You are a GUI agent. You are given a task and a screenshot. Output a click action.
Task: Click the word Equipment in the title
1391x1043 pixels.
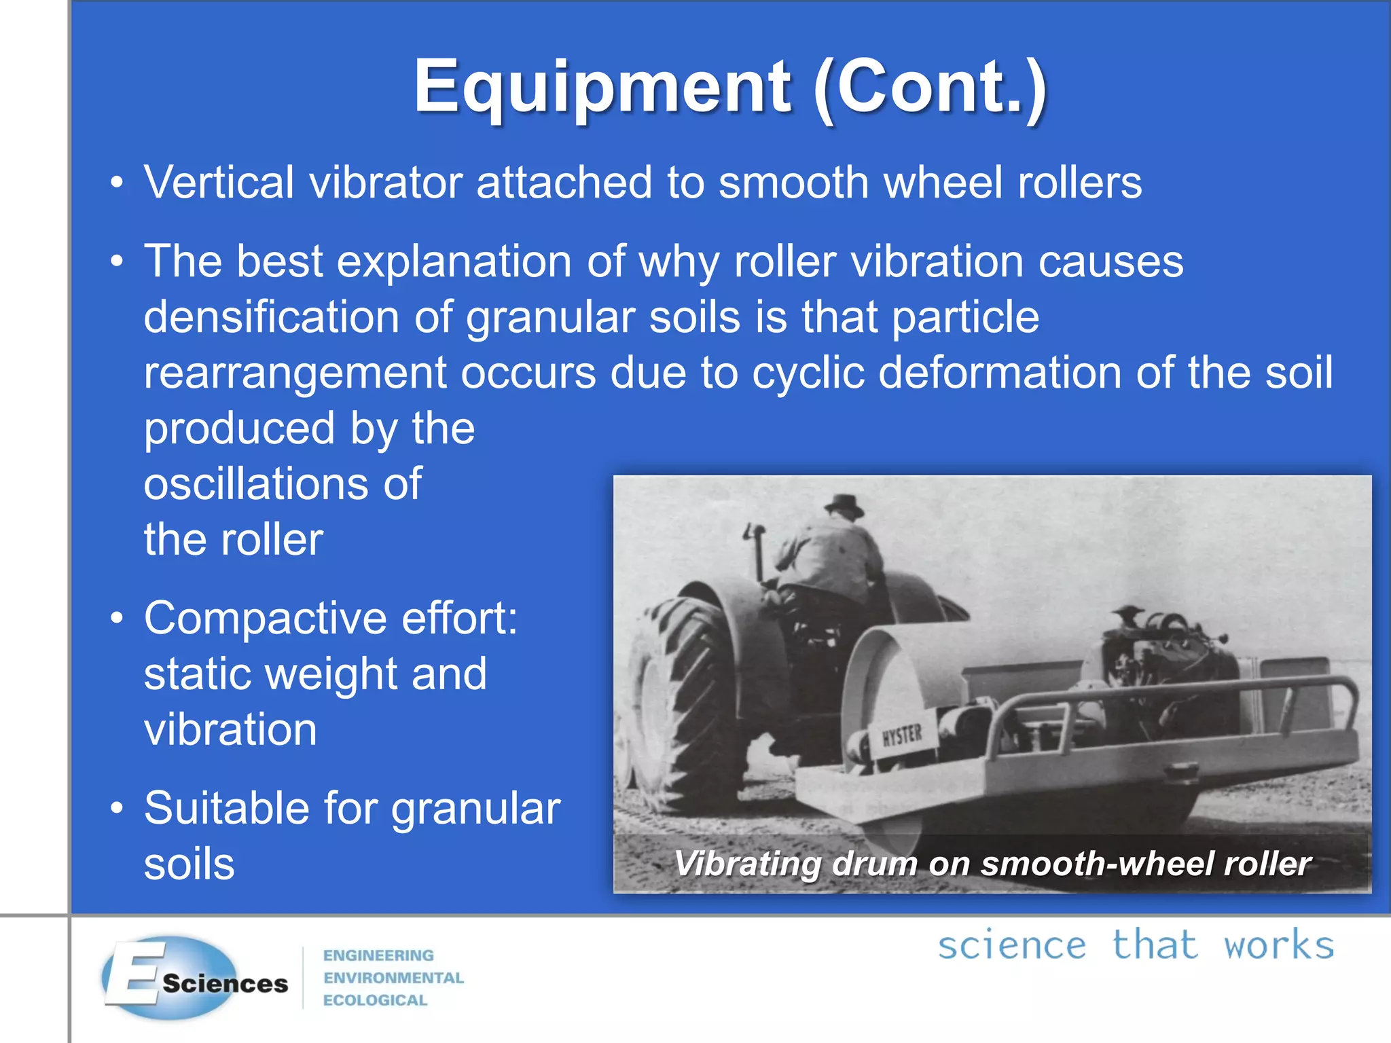click(x=602, y=87)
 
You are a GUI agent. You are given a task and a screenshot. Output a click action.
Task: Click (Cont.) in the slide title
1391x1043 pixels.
click(x=931, y=87)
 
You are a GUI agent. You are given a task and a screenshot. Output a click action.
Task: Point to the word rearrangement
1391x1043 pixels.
click(x=295, y=373)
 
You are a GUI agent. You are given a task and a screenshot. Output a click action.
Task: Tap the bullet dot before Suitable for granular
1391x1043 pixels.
click(x=117, y=808)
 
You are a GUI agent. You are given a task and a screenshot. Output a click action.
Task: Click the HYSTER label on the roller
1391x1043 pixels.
click(x=902, y=735)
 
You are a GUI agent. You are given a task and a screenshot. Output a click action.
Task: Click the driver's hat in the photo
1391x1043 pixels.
click(x=844, y=507)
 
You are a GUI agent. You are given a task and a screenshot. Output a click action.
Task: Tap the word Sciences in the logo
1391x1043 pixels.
click(x=225, y=983)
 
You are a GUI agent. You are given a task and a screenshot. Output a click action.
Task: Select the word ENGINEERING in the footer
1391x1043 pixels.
click(x=378, y=955)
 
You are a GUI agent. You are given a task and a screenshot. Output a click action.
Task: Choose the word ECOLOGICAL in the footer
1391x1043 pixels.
click(x=375, y=1000)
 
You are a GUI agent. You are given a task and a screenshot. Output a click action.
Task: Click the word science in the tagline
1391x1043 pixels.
click(x=1012, y=946)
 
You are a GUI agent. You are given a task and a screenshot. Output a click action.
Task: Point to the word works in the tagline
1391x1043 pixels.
click(x=1278, y=946)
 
